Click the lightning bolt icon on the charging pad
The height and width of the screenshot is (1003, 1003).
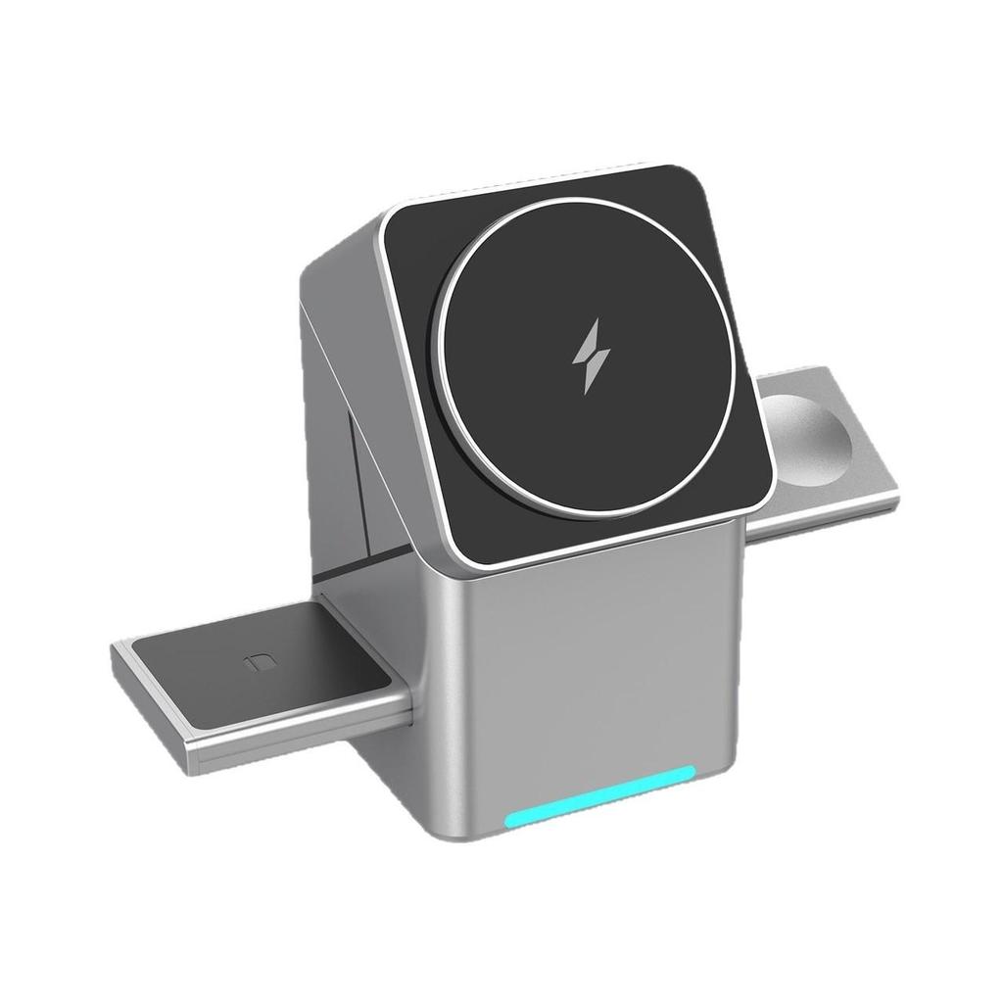pyautogui.click(x=591, y=358)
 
